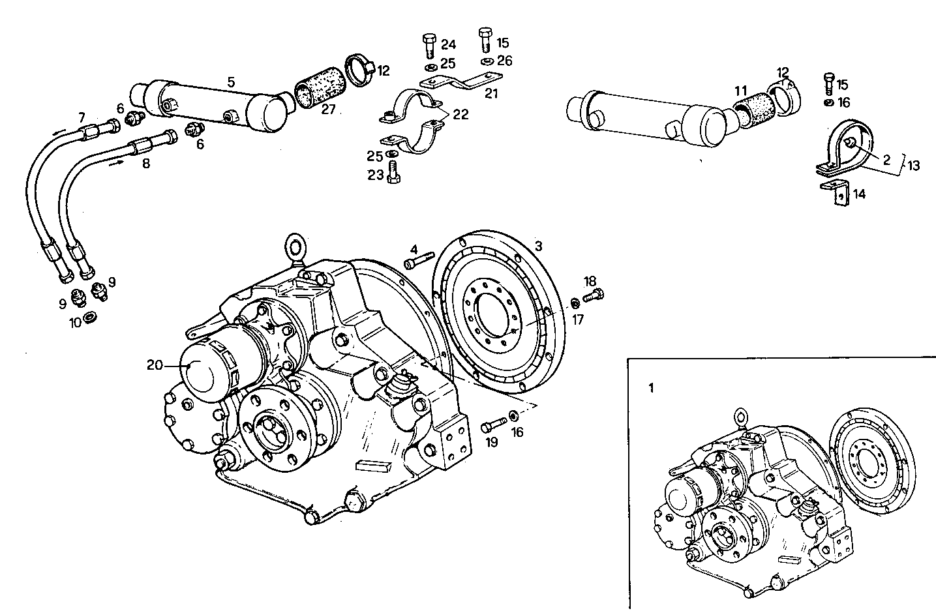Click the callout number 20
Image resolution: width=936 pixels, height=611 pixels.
click(x=154, y=365)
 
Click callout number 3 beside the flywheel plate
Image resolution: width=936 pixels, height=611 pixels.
click(x=538, y=246)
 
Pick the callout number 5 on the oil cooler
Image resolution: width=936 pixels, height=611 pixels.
click(x=231, y=82)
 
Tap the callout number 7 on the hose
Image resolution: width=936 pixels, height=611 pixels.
click(x=81, y=117)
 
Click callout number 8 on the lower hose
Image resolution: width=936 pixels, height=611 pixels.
click(x=145, y=164)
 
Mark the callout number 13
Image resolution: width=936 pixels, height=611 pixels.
click(x=913, y=166)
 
